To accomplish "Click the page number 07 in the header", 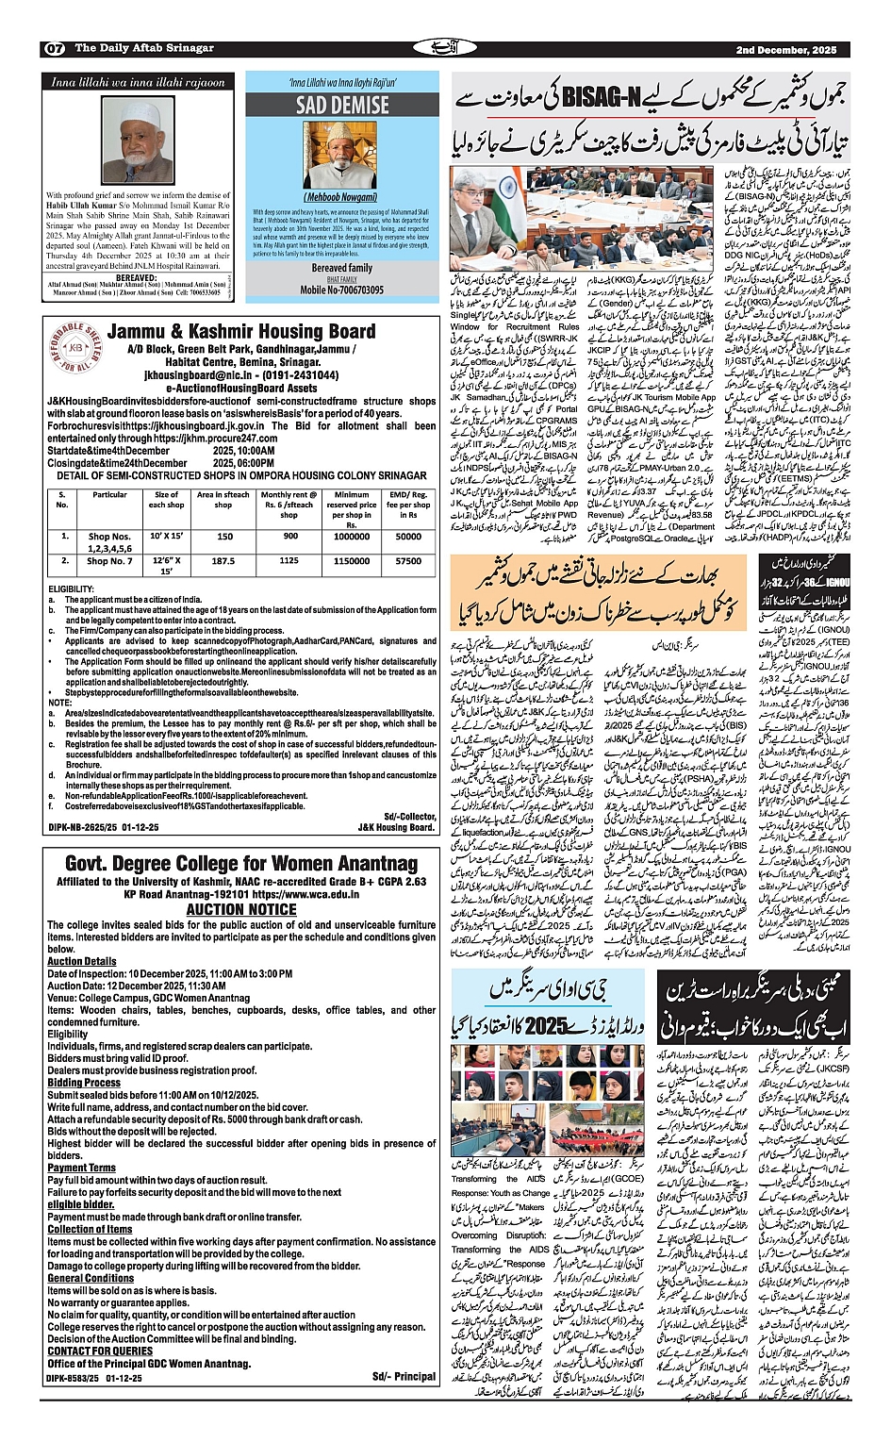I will click(x=54, y=48).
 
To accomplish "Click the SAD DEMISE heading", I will click(x=341, y=105).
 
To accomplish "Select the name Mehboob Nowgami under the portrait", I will click(x=340, y=196).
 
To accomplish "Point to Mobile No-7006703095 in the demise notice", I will click(x=341, y=290).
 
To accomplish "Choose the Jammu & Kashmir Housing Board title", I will click(x=241, y=331).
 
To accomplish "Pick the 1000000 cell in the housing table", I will click(x=352, y=536).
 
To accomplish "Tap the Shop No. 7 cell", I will click(x=109, y=560).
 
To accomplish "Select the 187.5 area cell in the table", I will click(x=223, y=560).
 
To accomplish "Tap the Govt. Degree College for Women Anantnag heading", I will click(x=240, y=864).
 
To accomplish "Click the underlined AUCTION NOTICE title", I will click(x=240, y=909).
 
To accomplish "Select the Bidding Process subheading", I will click(x=84, y=1083).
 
